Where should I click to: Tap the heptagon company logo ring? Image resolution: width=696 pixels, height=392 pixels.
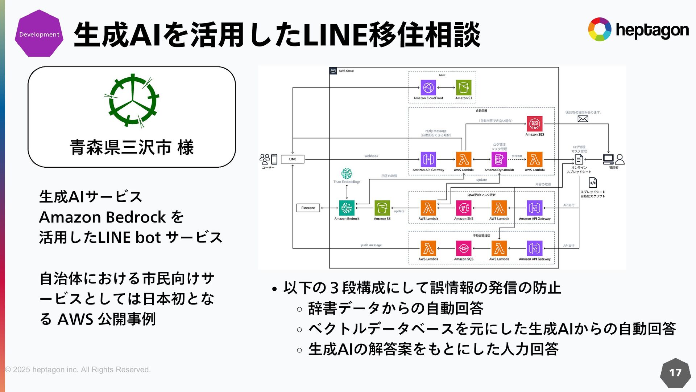click(599, 29)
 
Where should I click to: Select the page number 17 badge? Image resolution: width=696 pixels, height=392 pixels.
click(675, 373)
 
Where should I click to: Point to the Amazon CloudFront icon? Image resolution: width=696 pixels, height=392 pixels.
click(428, 87)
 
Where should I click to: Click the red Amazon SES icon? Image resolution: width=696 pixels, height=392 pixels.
click(534, 124)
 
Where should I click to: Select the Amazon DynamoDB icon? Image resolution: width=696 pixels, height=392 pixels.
click(499, 159)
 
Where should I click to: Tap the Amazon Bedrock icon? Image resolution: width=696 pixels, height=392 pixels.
click(347, 208)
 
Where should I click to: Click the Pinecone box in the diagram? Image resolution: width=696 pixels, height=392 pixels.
click(308, 208)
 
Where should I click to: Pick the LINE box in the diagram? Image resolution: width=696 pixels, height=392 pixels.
click(293, 159)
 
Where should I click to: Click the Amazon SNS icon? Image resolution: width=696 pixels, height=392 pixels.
click(463, 208)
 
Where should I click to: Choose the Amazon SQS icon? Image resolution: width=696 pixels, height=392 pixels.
click(463, 249)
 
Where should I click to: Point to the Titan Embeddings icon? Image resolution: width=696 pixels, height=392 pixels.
click(347, 173)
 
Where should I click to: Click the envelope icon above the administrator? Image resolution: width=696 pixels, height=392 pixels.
click(583, 119)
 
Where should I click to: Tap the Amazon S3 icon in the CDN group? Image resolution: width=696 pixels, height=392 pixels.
click(464, 87)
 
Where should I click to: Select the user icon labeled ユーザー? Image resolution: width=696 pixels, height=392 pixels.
click(268, 159)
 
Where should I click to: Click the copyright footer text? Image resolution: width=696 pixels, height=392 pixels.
click(78, 369)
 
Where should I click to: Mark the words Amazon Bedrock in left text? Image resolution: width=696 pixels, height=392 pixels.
click(102, 217)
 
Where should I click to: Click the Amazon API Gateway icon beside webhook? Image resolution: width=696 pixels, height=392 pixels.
click(428, 159)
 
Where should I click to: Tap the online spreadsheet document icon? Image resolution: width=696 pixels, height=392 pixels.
click(579, 159)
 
